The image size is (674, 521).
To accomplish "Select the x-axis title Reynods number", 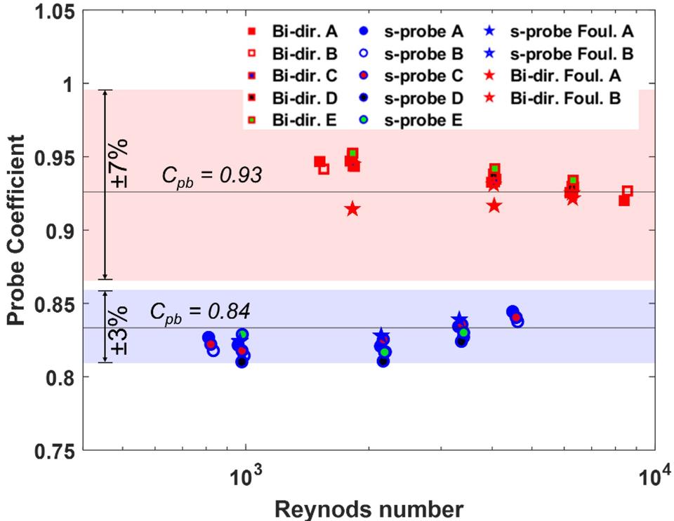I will [x=369, y=506].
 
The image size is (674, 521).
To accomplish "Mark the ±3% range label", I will [x=119, y=330].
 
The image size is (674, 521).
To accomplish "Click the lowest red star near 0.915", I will [x=352, y=209].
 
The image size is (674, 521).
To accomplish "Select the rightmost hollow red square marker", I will [x=627, y=191].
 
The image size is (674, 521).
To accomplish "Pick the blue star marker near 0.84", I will [x=458, y=319].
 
